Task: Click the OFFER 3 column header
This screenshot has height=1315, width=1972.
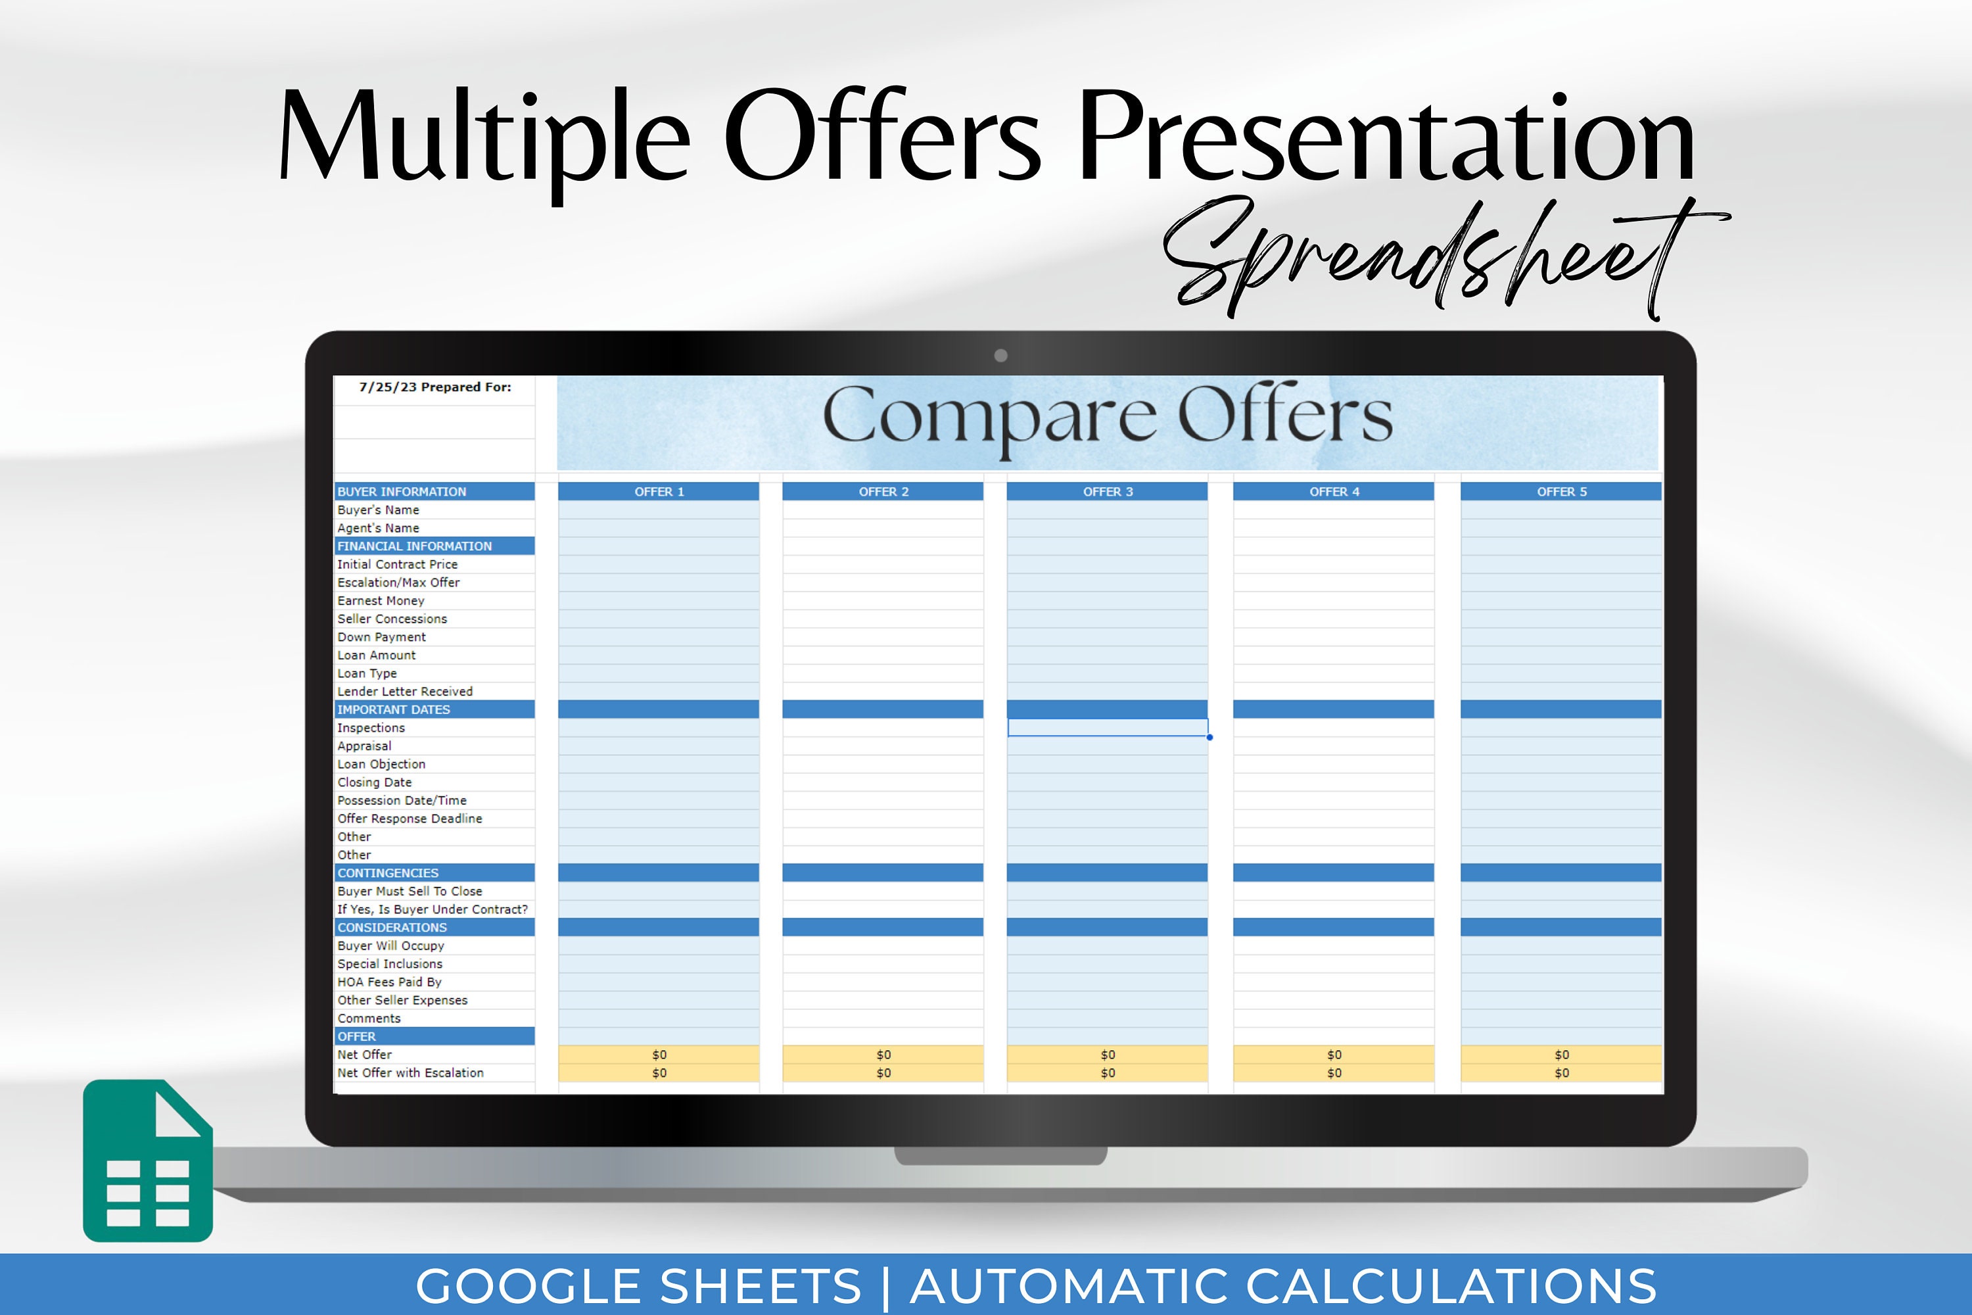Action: click(1107, 491)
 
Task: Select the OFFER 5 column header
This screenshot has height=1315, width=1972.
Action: click(1561, 491)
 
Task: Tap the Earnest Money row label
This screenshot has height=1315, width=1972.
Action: click(381, 600)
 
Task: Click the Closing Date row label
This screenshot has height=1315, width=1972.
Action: click(374, 782)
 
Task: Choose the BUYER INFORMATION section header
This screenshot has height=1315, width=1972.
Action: click(402, 491)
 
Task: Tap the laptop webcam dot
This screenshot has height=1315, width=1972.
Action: click(1000, 356)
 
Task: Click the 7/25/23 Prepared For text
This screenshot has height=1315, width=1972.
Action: click(434, 387)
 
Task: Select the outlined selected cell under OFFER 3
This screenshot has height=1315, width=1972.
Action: click(1107, 728)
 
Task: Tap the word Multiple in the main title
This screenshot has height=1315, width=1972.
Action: click(484, 138)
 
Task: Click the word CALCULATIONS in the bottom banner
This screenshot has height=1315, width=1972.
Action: click(1451, 1285)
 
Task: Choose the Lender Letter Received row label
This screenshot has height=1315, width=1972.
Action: click(405, 692)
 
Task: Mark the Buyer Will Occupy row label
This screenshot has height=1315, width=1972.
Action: click(390, 946)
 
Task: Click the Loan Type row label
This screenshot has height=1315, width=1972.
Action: click(367, 673)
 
